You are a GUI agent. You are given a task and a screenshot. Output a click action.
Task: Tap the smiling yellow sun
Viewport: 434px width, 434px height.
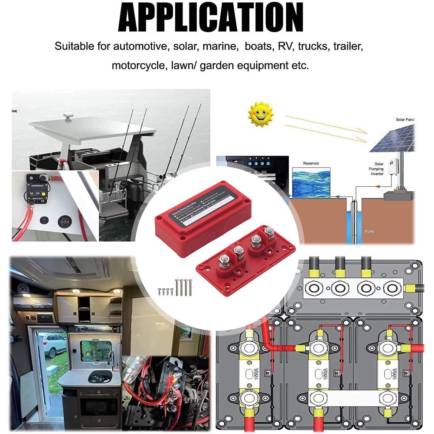click(x=261, y=114)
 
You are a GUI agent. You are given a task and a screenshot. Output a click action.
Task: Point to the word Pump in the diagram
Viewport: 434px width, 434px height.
click(x=370, y=232)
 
